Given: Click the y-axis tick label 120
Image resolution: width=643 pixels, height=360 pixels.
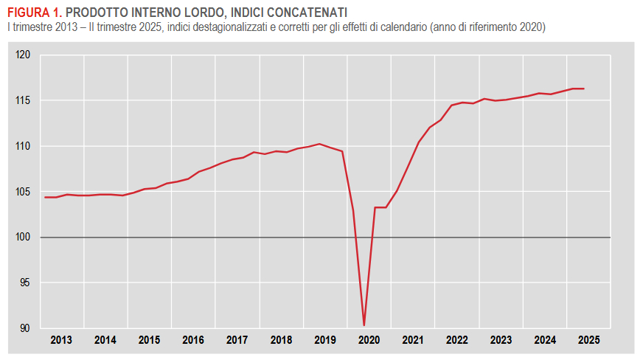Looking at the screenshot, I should tap(24, 55).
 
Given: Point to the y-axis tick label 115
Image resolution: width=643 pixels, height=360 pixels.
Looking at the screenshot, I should tap(24, 101).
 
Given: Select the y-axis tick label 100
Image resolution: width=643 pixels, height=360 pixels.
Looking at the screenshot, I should tap(24, 238).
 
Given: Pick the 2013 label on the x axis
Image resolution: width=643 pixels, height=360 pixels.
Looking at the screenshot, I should tap(61, 341).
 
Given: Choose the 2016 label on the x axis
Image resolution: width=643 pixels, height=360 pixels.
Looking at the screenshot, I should tap(193, 341).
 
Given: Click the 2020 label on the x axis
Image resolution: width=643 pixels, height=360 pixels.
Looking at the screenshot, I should tap(369, 341).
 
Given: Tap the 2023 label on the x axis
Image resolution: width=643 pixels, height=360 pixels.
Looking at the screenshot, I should tap(501, 341).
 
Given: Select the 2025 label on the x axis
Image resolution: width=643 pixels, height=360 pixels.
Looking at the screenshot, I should tap(588, 341).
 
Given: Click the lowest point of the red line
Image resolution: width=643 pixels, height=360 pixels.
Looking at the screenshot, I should tap(364, 325).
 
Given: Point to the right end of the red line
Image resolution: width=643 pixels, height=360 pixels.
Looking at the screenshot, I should tap(584, 89).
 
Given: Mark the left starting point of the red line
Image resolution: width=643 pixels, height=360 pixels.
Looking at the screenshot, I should tap(45, 197).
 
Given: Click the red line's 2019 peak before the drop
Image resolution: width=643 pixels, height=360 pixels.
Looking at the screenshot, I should tap(319, 144).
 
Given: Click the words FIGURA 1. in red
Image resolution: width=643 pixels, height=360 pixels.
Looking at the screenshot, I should tap(35, 13).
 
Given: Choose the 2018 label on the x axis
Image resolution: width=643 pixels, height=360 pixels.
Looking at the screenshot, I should tap(281, 341).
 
